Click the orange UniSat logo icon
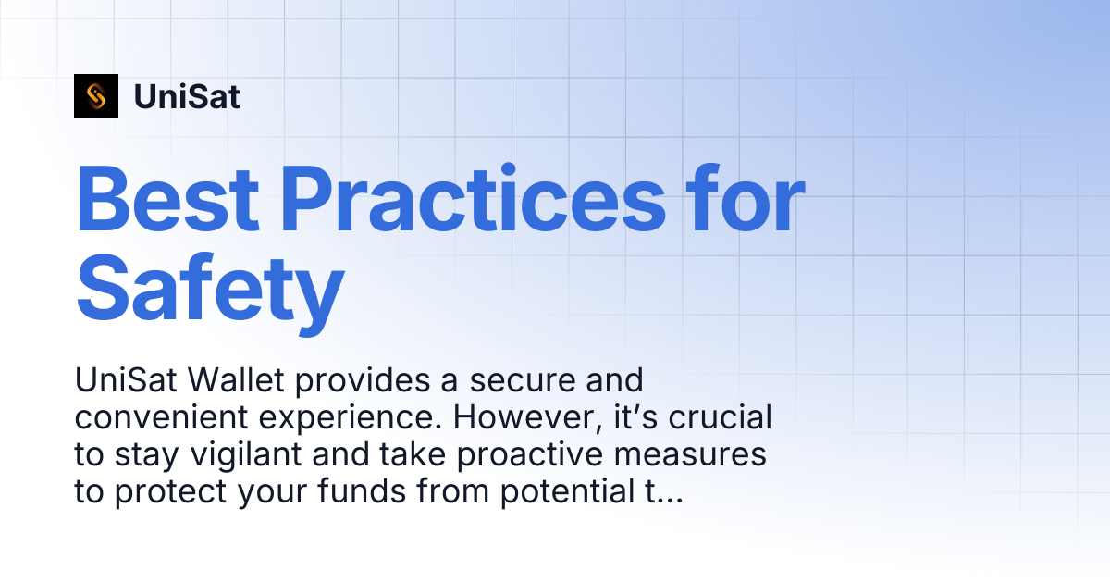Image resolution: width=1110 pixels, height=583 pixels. pos(96,96)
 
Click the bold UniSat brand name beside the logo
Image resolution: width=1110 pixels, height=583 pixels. pos(187,96)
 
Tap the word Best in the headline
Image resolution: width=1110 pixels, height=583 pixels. pos(167,198)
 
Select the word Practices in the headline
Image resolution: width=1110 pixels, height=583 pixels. pos(474,198)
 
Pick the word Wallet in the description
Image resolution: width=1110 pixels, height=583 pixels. pos(236,380)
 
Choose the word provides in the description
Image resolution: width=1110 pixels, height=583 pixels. pos(363,382)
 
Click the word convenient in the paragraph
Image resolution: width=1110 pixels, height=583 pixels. pos(161,417)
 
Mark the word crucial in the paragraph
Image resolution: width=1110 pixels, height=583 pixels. pos(720,417)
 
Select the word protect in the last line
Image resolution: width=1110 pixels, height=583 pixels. pos(170,492)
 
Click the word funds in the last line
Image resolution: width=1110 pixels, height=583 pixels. pos(362,490)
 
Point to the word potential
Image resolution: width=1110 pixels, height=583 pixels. pos(567,492)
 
